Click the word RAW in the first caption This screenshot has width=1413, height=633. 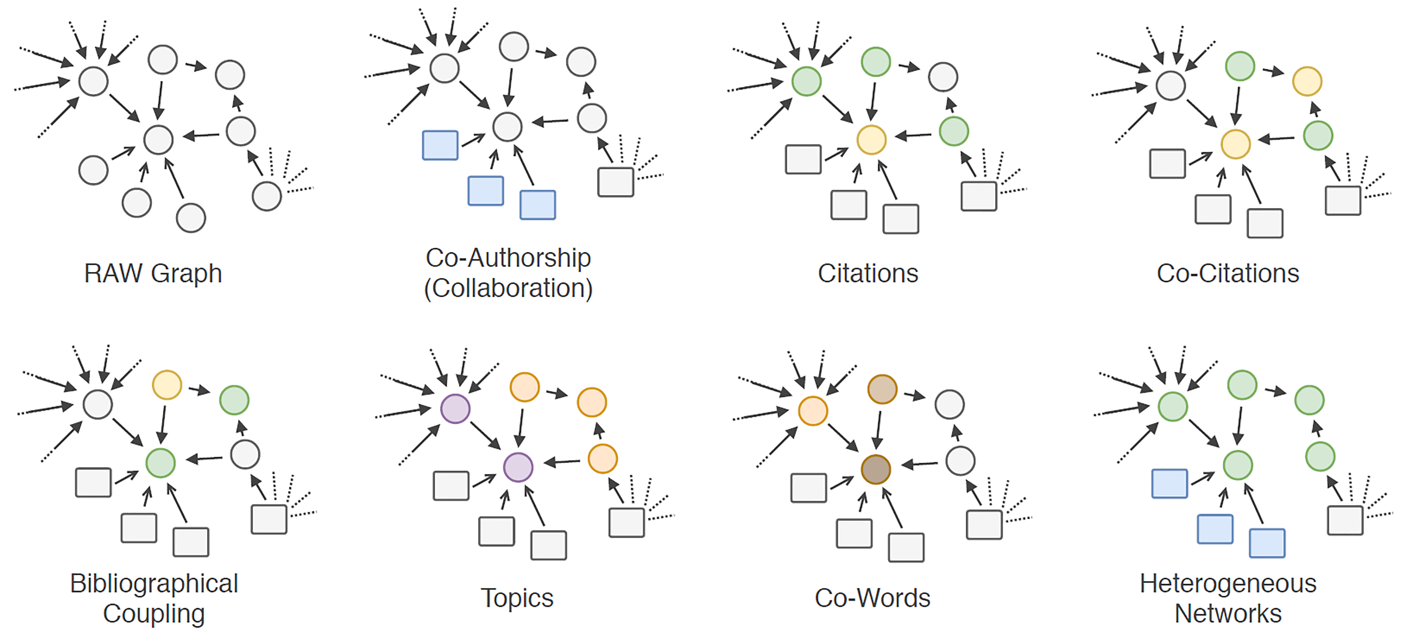(x=113, y=273)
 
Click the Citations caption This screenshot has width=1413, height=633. (x=868, y=273)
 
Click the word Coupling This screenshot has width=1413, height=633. (x=154, y=613)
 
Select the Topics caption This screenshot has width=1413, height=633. (x=517, y=598)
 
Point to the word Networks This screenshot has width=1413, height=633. (x=1228, y=613)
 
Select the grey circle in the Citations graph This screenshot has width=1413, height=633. (x=943, y=77)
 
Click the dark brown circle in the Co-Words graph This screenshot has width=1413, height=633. (x=875, y=470)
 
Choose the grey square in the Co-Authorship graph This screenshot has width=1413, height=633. (x=616, y=182)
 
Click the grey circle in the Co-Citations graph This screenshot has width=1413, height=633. (x=1171, y=86)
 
